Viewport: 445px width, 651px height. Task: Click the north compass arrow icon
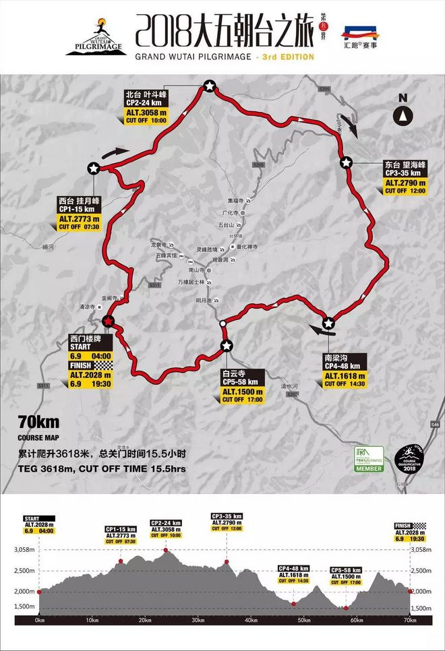(x=403, y=115)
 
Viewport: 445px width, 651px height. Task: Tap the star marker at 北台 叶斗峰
(x=209, y=86)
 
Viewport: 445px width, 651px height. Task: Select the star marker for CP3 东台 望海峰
(x=346, y=162)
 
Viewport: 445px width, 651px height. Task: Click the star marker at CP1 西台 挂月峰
(x=93, y=168)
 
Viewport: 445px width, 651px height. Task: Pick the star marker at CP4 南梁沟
(x=328, y=322)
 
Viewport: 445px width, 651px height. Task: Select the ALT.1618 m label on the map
(x=345, y=376)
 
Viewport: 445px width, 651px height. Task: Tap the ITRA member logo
(x=368, y=458)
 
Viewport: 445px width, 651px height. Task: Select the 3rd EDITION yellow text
(x=288, y=57)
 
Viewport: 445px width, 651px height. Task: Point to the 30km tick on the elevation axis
(x=198, y=619)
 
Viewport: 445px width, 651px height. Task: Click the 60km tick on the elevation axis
(x=357, y=619)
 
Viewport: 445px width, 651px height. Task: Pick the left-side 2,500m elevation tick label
(x=24, y=571)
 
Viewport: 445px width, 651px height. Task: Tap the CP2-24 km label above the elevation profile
(x=166, y=523)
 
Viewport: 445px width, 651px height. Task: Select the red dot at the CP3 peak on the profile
(x=227, y=561)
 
